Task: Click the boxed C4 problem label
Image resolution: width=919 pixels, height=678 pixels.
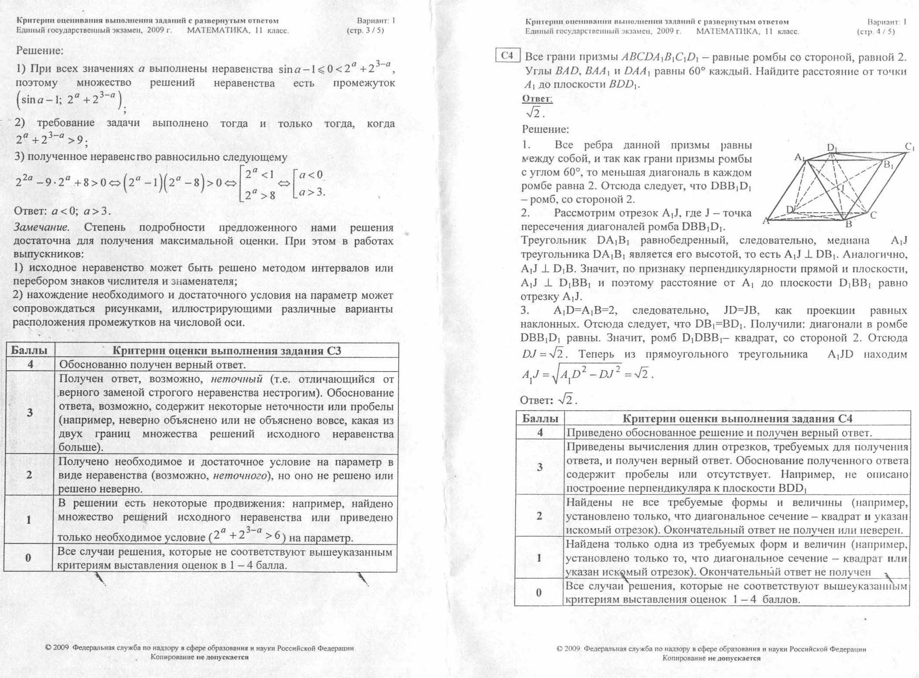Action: tap(507, 56)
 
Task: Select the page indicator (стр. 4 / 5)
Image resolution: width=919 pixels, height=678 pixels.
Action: tap(876, 31)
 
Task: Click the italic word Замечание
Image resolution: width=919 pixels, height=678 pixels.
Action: tap(41, 227)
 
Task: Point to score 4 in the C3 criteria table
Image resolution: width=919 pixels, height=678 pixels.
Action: tap(30, 364)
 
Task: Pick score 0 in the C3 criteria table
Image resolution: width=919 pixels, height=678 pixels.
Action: tap(28, 558)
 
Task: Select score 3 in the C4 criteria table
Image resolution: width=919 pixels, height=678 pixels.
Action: tap(540, 467)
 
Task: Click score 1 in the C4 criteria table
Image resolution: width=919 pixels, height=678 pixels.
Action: tap(539, 557)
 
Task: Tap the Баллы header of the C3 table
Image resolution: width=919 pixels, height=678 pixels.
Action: tap(30, 350)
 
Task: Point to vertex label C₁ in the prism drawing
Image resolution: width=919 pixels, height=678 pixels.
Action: tap(909, 148)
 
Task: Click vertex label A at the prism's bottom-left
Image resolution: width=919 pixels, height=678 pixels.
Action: tap(766, 221)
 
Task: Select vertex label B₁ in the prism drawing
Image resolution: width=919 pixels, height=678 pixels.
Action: tap(888, 165)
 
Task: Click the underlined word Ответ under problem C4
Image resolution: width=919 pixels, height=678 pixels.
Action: tap(537, 99)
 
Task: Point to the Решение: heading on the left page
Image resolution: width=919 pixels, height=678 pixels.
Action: tap(39, 50)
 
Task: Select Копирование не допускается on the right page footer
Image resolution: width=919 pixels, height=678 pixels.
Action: tap(711, 658)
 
